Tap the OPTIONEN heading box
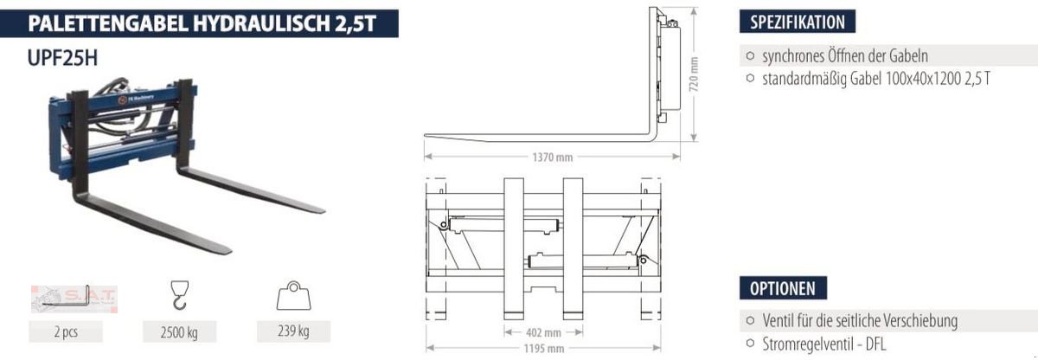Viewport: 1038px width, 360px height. click(783, 289)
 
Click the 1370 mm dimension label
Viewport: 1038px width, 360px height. click(552, 157)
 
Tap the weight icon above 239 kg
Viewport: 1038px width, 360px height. click(293, 297)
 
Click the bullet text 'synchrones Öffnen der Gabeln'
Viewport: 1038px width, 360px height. click(844, 56)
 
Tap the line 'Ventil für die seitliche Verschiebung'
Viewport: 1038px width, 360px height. click(859, 321)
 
